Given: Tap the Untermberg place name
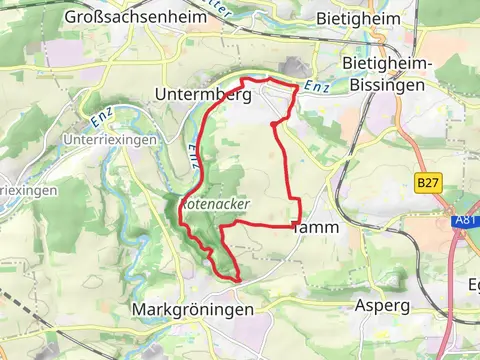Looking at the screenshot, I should pyautogui.click(x=203, y=93).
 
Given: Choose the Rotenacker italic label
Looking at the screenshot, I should pyautogui.click(x=215, y=203).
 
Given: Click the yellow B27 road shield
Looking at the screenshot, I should pyautogui.click(x=428, y=183).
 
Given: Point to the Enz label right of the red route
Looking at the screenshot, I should pyautogui.click(x=317, y=86).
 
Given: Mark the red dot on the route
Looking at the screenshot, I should pyautogui.click(x=273, y=124).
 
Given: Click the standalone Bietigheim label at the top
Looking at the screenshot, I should pyautogui.click(x=357, y=18).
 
